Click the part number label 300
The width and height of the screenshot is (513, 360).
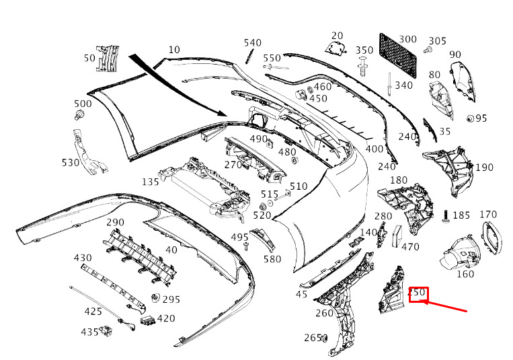pos(407,39)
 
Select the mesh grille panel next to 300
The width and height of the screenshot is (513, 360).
pos(398,55)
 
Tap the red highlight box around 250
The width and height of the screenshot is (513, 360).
pos(418,295)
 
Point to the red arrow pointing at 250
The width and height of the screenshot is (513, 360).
pos(444,306)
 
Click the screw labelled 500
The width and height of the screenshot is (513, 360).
pos(79,115)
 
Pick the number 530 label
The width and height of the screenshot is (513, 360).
pos(71,162)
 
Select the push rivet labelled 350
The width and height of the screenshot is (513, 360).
pos(362,67)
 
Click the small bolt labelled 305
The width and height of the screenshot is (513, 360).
pos(428,50)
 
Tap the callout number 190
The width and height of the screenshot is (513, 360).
pos(484,168)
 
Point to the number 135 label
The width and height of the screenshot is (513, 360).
pos(151,182)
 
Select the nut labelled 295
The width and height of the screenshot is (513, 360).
pos(156,298)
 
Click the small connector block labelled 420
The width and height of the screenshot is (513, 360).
pos(147,320)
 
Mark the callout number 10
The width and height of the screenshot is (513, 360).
pos(174,50)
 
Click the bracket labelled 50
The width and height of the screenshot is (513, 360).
pos(107,59)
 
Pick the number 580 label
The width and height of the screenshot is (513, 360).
pos(272,259)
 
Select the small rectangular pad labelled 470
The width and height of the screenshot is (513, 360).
pos(397,236)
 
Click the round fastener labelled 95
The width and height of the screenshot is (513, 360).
pos(470,118)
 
